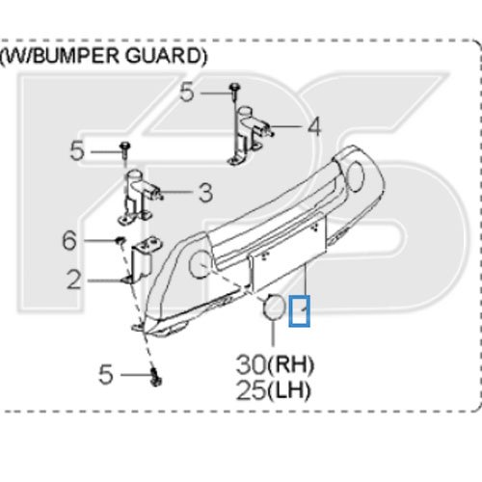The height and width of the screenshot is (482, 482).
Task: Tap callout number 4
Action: pyautogui.click(x=314, y=126)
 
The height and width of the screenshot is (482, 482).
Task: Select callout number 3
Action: pyautogui.click(x=205, y=193)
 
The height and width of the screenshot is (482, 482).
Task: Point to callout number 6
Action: pyautogui.click(x=69, y=240)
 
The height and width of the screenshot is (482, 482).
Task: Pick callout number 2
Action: pyautogui.click(x=74, y=280)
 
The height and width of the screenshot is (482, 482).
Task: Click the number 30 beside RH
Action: pyautogui.click(x=251, y=364)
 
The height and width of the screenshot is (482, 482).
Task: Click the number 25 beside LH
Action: pyautogui.click(x=251, y=390)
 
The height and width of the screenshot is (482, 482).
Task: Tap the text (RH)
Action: pyautogui.click(x=290, y=365)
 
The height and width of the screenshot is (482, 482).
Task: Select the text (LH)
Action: pyautogui.click(x=289, y=390)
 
